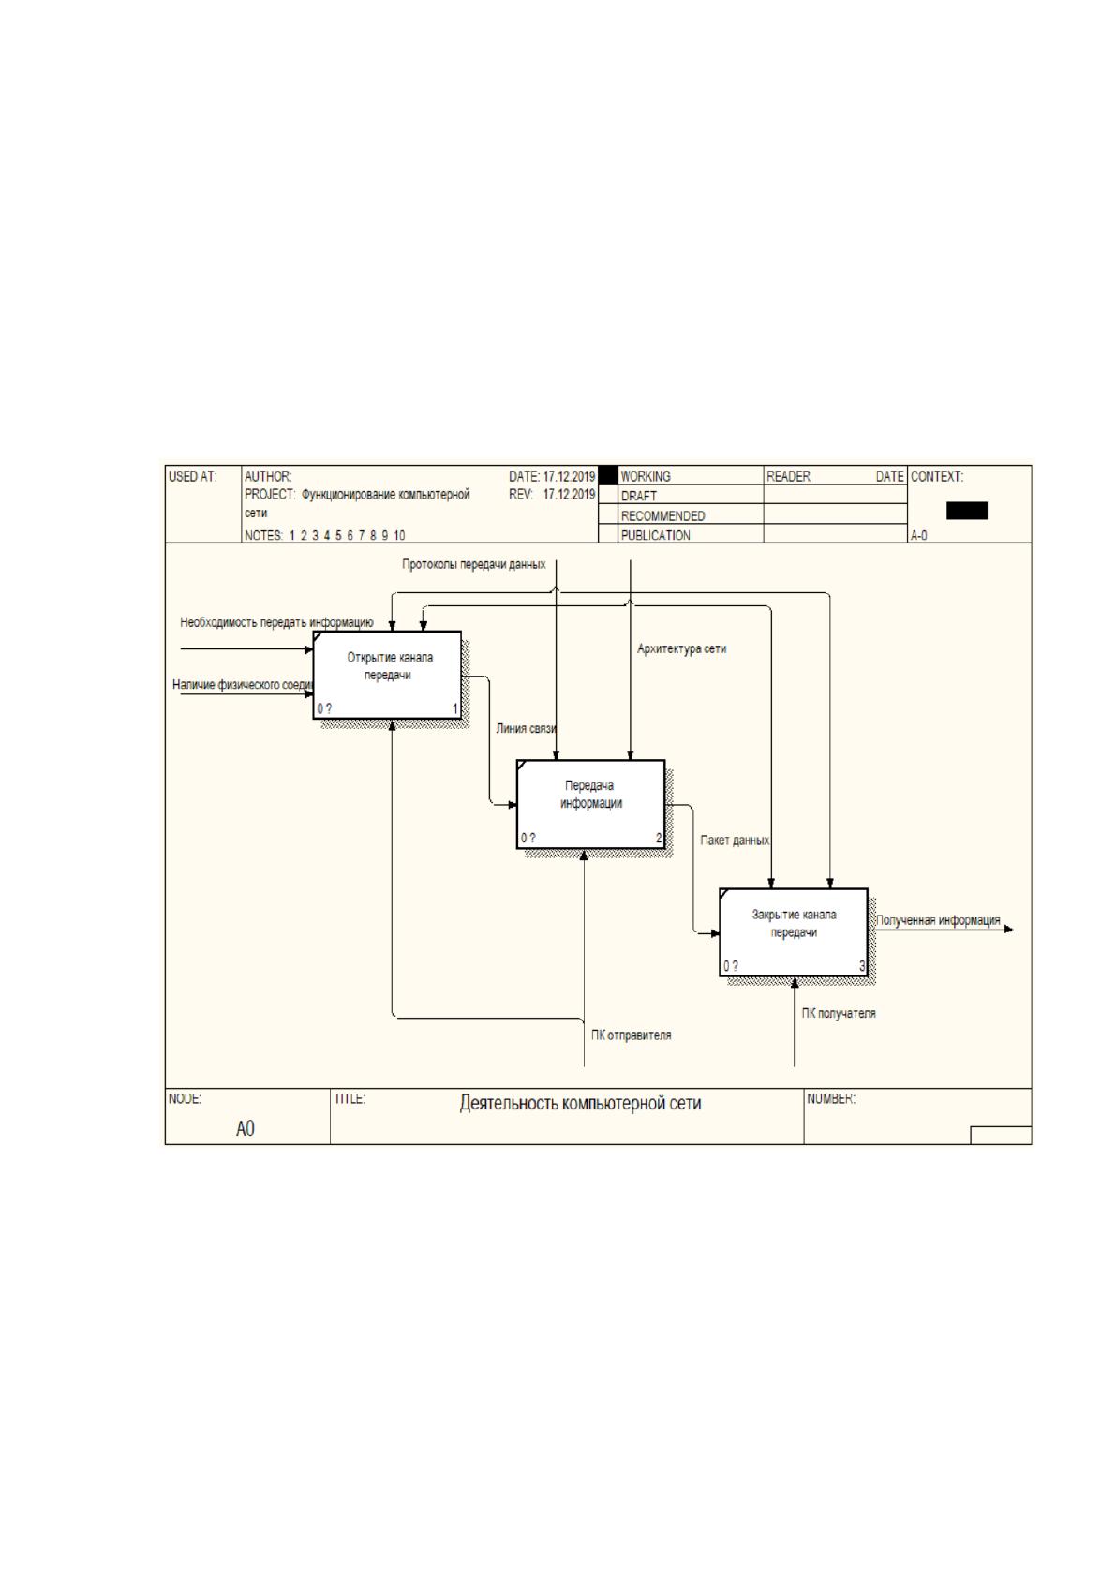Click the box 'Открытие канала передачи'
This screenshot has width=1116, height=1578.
[x=387, y=674]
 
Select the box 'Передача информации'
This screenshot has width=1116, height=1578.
[x=590, y=804]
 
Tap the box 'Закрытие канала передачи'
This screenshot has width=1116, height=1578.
[x=794, y=932]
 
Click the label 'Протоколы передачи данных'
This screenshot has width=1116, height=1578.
[x=473, y=564]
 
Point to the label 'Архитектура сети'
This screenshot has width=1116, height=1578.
[x=681, y=648]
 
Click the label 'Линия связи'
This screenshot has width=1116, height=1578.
[x=527, y=728]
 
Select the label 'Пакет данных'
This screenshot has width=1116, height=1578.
[x=734, y=841]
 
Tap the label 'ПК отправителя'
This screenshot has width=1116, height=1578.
[x=631, y=1035]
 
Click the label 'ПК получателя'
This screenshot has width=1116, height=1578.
[x=839, y=1013]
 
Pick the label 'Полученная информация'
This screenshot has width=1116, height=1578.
[x=938, y=920]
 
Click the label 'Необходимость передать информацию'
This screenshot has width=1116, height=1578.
[x=276, y=622]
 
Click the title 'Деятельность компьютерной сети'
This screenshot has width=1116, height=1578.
[x=580, y=1103]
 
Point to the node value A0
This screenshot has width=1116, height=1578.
[x=246, y=1128]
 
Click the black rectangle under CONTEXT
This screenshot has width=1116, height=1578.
[x=967, y=510]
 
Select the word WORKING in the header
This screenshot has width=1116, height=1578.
[x=646, y=476]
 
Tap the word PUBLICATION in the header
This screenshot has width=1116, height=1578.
[x=655, y=535]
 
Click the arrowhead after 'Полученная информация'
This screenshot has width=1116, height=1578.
[x=1009, y=930]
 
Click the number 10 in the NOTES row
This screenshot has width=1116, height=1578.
[x=399, y=535]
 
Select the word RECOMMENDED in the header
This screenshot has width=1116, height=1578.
[x=662, y=515]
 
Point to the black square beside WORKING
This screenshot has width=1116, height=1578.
[x=607, y=475]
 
